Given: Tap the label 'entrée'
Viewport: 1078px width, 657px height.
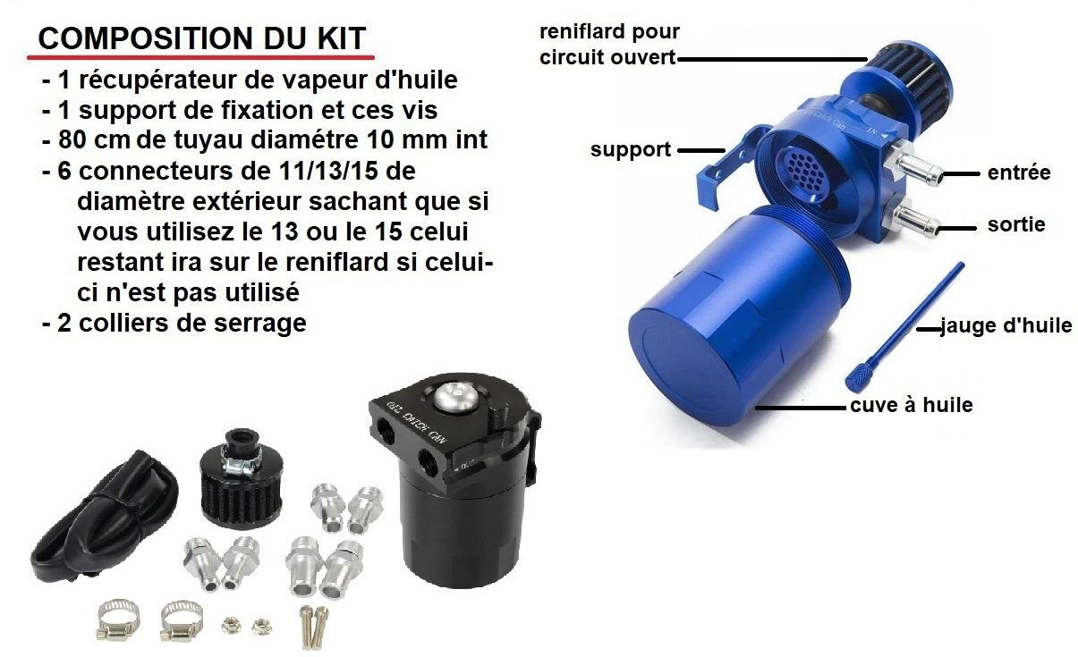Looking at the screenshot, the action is click(1019, 173).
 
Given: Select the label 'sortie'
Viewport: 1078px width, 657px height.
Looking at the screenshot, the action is click(1016, 224).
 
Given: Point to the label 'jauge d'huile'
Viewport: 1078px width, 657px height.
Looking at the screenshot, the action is click(1006, 325).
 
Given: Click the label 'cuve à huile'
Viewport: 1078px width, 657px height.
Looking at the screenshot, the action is click(912, 405).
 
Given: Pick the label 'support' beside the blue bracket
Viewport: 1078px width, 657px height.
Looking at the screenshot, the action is click(631, 149).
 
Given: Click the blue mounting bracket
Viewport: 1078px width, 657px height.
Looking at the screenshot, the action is click(732, 166).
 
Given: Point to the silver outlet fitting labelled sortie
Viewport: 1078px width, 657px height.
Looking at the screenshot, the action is click(911, 218).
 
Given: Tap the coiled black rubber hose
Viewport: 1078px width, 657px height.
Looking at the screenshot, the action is click(104, 517).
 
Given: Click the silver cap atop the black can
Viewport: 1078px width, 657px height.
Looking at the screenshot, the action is click(454, 397).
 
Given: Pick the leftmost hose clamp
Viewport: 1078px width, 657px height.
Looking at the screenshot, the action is click(118, 620).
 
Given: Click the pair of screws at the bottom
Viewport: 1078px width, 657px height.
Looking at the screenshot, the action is click(313, 627).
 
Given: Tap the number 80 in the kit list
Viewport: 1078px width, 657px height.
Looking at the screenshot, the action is click(72, 140).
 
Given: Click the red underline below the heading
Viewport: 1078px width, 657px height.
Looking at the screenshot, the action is click(200, 57).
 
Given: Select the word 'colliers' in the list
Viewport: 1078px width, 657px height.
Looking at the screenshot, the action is click(123, 323).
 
